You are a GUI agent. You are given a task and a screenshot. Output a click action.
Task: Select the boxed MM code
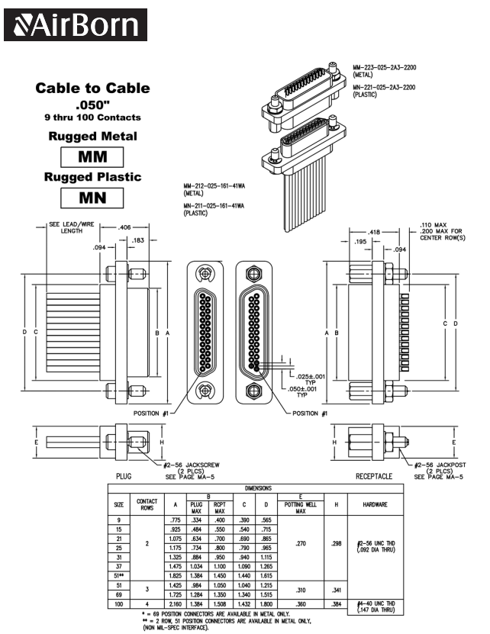pos(92,157)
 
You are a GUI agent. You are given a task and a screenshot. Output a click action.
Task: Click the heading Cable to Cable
pos(92,89)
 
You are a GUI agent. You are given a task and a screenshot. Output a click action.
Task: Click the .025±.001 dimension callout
pos(309,377)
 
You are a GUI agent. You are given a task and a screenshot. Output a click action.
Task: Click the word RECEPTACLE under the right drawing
pos(374,475)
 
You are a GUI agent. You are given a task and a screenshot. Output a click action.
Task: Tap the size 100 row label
pos(119,605)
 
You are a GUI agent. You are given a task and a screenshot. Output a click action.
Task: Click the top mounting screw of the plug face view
pos(204,275)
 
